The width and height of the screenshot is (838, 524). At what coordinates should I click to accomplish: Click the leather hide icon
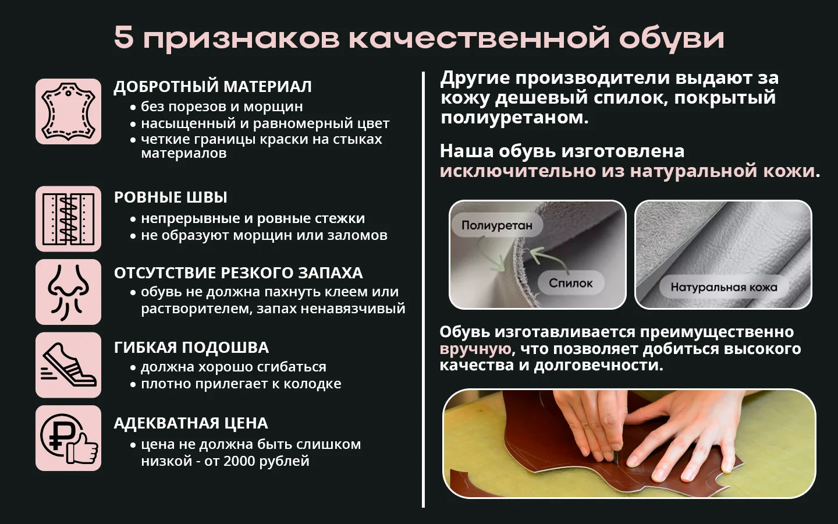(x=69, y=111)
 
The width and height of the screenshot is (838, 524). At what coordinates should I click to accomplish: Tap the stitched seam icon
(x=69, y=218)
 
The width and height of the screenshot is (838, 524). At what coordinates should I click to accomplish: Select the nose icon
(x=69, y=292)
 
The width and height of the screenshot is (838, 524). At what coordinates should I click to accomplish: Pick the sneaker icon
(x=69, y=365)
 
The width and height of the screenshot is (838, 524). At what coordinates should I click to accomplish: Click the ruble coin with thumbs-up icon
(x=69, y=438)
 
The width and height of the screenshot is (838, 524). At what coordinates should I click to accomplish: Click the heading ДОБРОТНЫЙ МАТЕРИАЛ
(x=212, y=86)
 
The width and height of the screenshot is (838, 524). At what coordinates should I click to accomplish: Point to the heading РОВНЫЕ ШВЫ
(x=171, y=197)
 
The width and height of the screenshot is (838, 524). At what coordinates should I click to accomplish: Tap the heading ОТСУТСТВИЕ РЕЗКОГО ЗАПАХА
(x=239, y=273)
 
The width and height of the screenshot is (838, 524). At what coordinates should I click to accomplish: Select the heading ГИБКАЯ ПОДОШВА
(x=191, y=348)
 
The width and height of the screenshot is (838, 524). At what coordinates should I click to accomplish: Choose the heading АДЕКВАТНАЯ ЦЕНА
(x=191, y=423)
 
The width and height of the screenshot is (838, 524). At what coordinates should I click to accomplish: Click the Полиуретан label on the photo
(x=497, y=225)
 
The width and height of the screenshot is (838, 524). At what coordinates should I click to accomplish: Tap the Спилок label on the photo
(x=570, y=283)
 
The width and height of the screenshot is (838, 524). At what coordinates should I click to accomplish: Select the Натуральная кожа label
(x=724, y=287)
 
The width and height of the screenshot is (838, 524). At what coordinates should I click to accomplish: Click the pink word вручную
(x=475, y=349)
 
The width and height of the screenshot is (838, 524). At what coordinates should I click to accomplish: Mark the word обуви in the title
(x=672, y=38)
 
